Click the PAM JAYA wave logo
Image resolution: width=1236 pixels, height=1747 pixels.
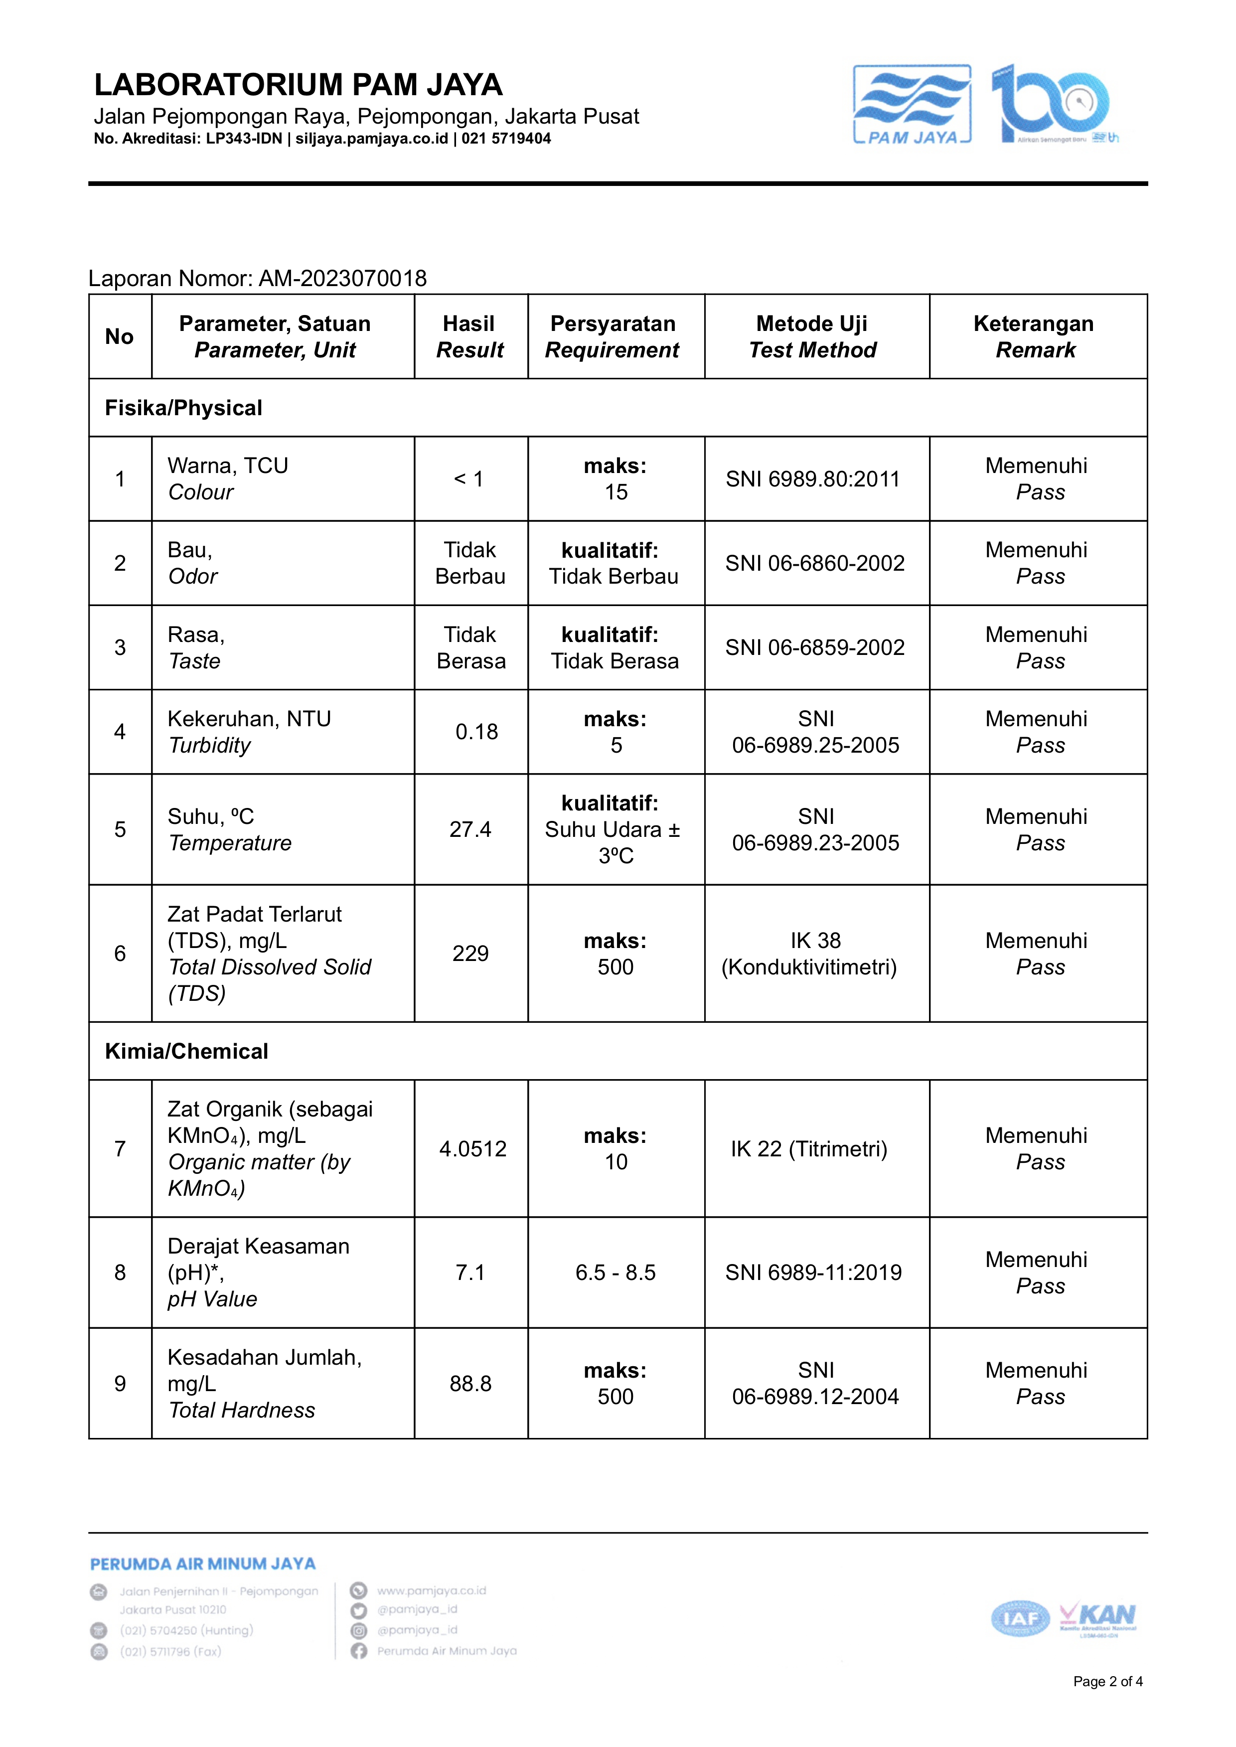click(912, 104)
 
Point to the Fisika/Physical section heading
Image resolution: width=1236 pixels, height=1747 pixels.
click(183, 408)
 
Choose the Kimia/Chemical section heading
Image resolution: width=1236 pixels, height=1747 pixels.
click(186, 1051)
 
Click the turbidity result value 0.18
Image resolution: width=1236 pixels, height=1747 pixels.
click(476, 732)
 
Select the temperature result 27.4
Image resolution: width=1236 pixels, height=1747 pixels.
click(470, 830)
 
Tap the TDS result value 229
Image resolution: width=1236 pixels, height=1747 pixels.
click(470, 954)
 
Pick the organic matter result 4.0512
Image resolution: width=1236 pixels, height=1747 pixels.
click(472, 1149)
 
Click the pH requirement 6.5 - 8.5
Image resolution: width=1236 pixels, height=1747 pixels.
click(615, 1273)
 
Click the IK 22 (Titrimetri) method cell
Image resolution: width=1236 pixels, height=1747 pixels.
click(809, 1149)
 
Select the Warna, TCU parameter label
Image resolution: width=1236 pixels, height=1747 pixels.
click(228, 466)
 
